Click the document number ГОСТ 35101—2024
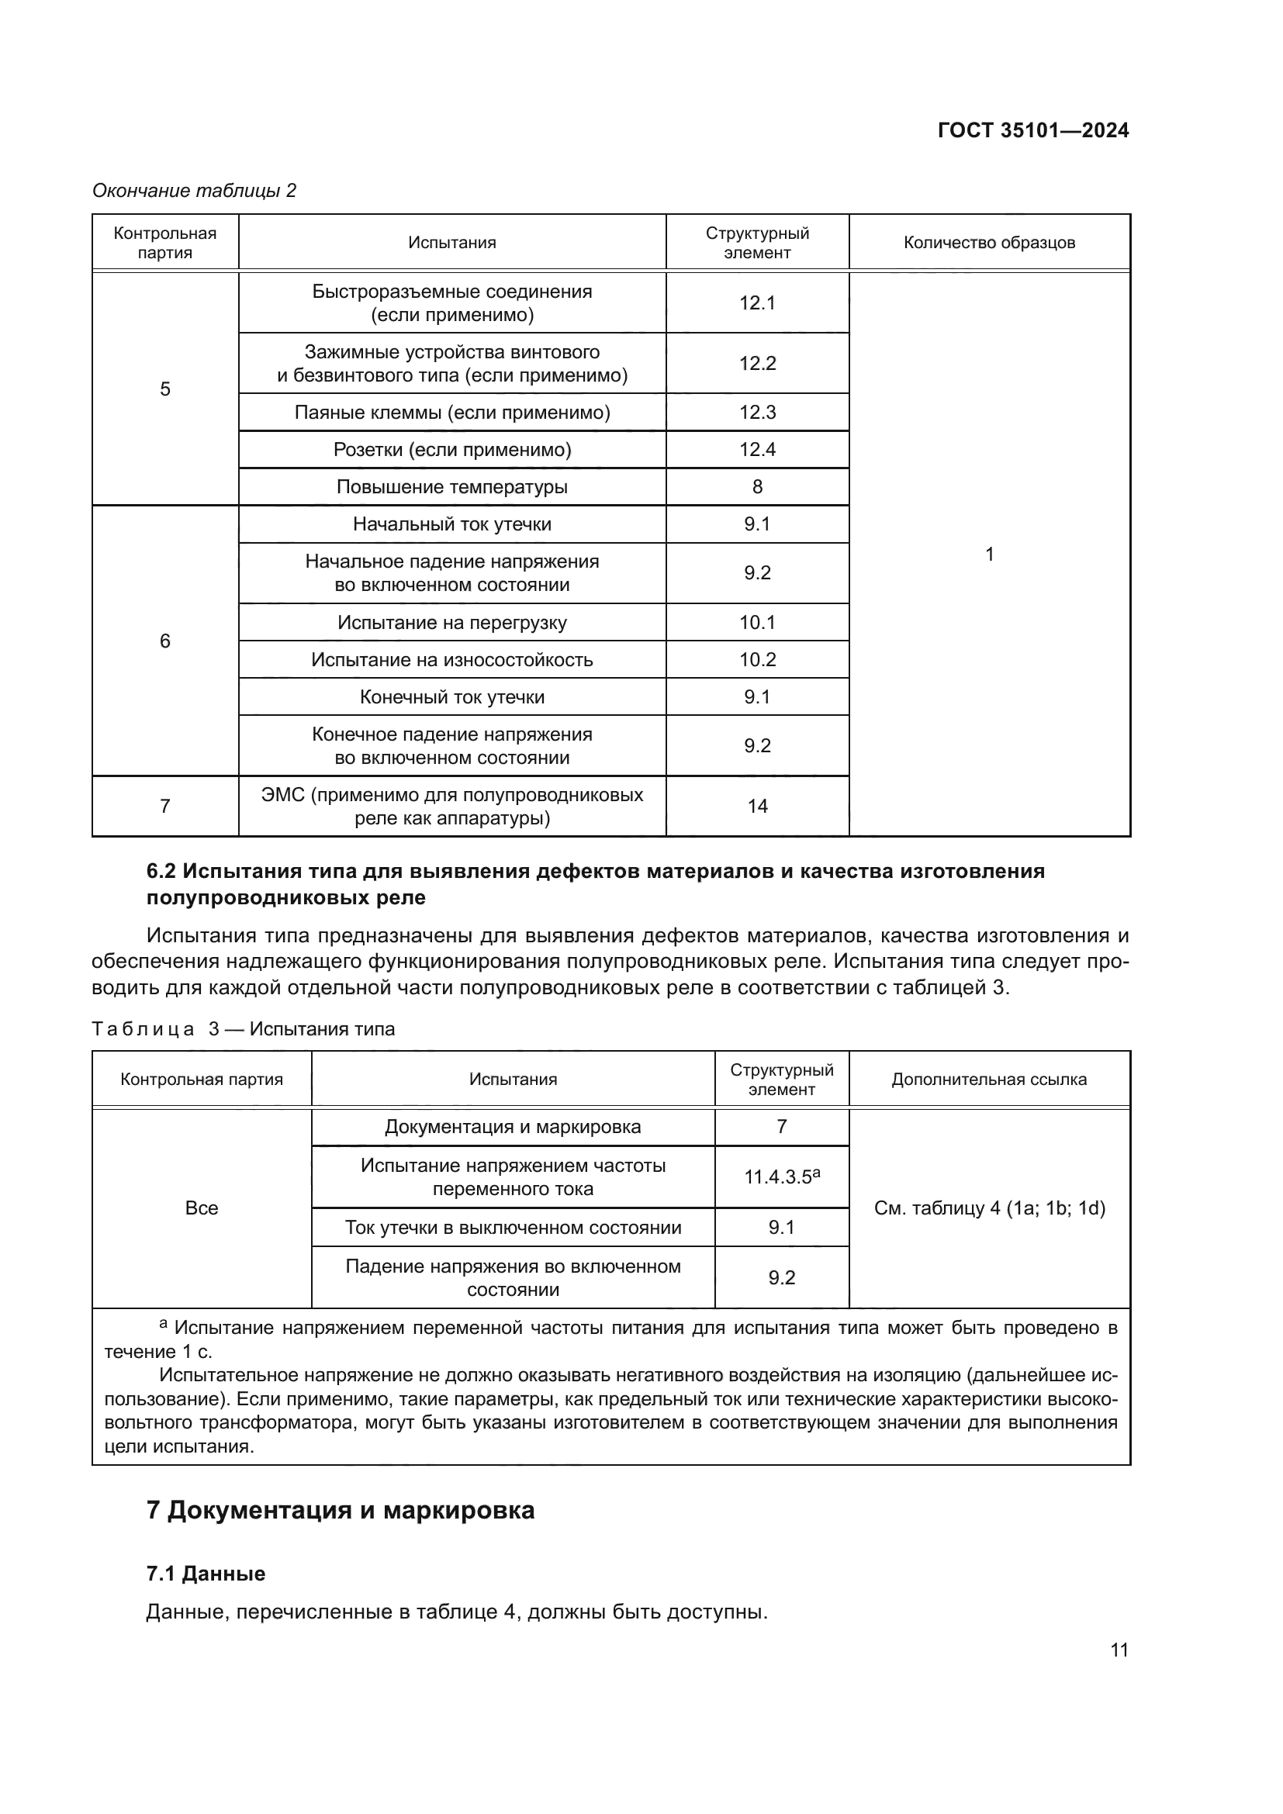click(1032, 131)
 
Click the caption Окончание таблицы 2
click(195, 191)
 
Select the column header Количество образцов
click(989, 243)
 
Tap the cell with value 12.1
click(757, 302)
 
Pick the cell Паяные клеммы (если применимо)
click(452, 413)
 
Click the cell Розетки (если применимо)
click(452, 450)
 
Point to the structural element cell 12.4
click(757, 450)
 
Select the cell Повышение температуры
click(452, 487)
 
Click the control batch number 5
click(165, 389)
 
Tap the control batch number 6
click(165, 641)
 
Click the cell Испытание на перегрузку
click(452, 623)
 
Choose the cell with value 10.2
click(757, 660)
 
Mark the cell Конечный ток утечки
click(452, 697)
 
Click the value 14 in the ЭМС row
click(757, 806)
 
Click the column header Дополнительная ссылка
click(989, 1080)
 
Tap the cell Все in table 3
click(202, 1208)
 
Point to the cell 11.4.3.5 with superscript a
click(781, 1177)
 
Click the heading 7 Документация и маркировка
click(341, 1511)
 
